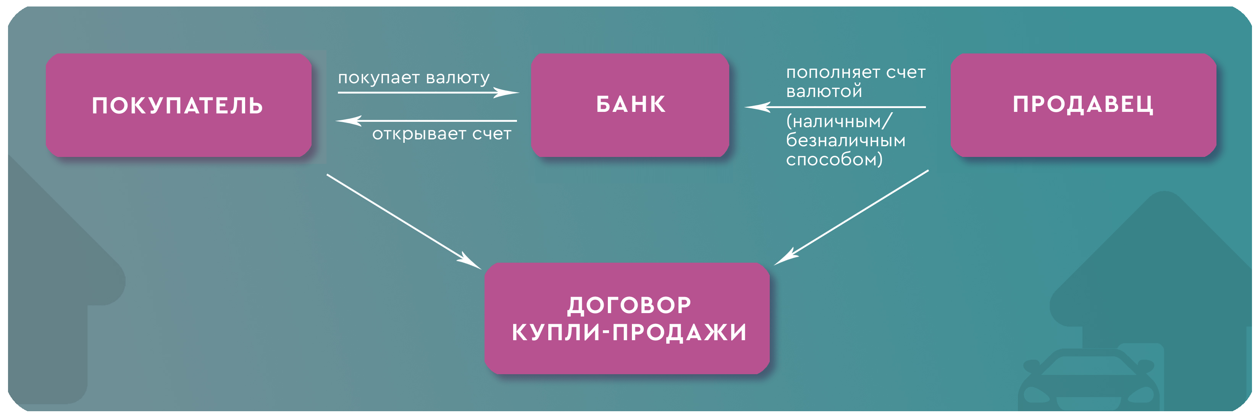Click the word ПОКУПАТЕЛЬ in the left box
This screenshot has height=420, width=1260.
(177, 106)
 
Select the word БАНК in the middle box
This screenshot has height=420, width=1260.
(630, 105)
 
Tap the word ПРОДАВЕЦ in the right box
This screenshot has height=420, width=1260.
(1083, 105)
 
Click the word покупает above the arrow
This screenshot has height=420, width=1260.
(379, 78)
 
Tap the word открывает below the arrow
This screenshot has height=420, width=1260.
(419, 134)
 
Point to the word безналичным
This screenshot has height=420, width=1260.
(845, 141)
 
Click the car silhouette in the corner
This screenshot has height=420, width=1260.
(1088, 381)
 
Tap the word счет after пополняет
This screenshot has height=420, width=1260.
(906, 73)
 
